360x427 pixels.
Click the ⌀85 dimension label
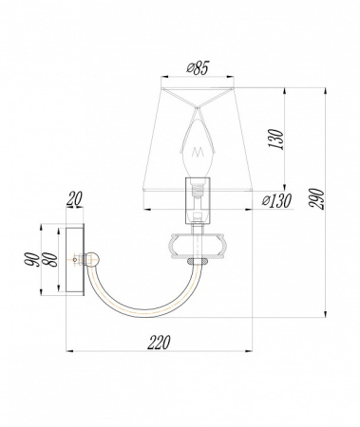pyautogui.click(x=197, y=67)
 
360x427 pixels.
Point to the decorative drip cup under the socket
pyautogui.click(x=197, y=245)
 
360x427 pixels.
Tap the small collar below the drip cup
pyautogui.click(x=197, y=261)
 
